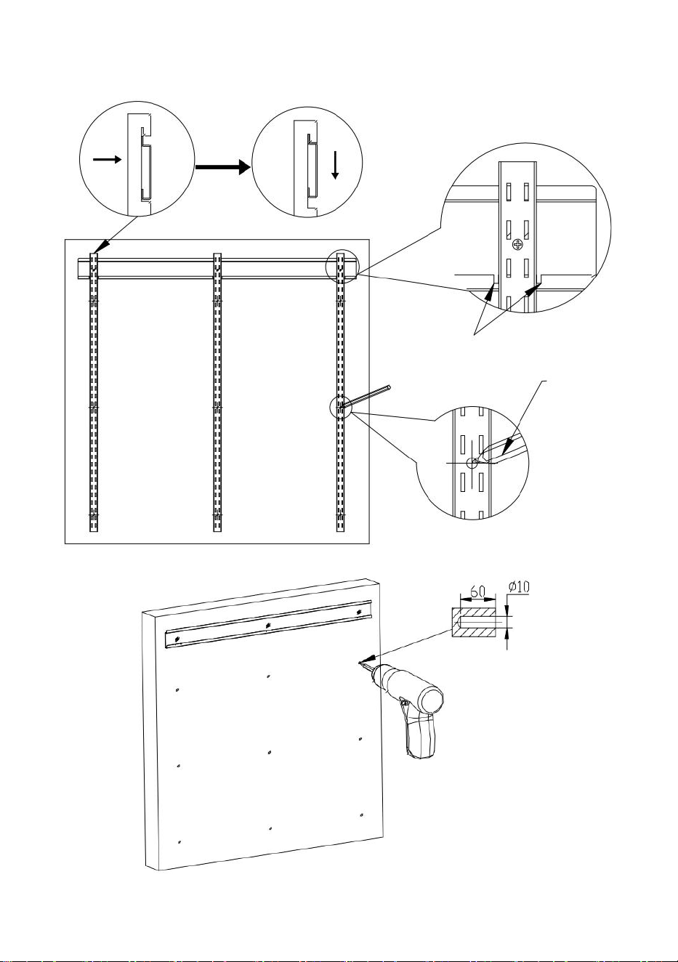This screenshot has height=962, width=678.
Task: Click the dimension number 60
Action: click(477, 591)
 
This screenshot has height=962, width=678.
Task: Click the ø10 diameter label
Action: click(519, 587)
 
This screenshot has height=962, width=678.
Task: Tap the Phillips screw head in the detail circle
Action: click(518, 246)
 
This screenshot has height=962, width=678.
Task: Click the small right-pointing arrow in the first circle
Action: click(107, 159)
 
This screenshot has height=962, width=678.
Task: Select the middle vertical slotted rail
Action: click(217, 392)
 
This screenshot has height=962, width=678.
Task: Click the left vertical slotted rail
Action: click(94, 392)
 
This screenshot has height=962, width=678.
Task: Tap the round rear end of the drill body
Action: click(432, 699)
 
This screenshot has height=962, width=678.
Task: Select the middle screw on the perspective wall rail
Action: click(268, 626)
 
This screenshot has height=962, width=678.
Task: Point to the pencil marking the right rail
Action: click(365, 395)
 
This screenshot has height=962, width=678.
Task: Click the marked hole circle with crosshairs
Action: click(472, 463)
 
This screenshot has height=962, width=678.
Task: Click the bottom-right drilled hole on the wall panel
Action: click(362, 815)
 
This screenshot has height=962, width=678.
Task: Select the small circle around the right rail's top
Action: click(342, 265)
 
